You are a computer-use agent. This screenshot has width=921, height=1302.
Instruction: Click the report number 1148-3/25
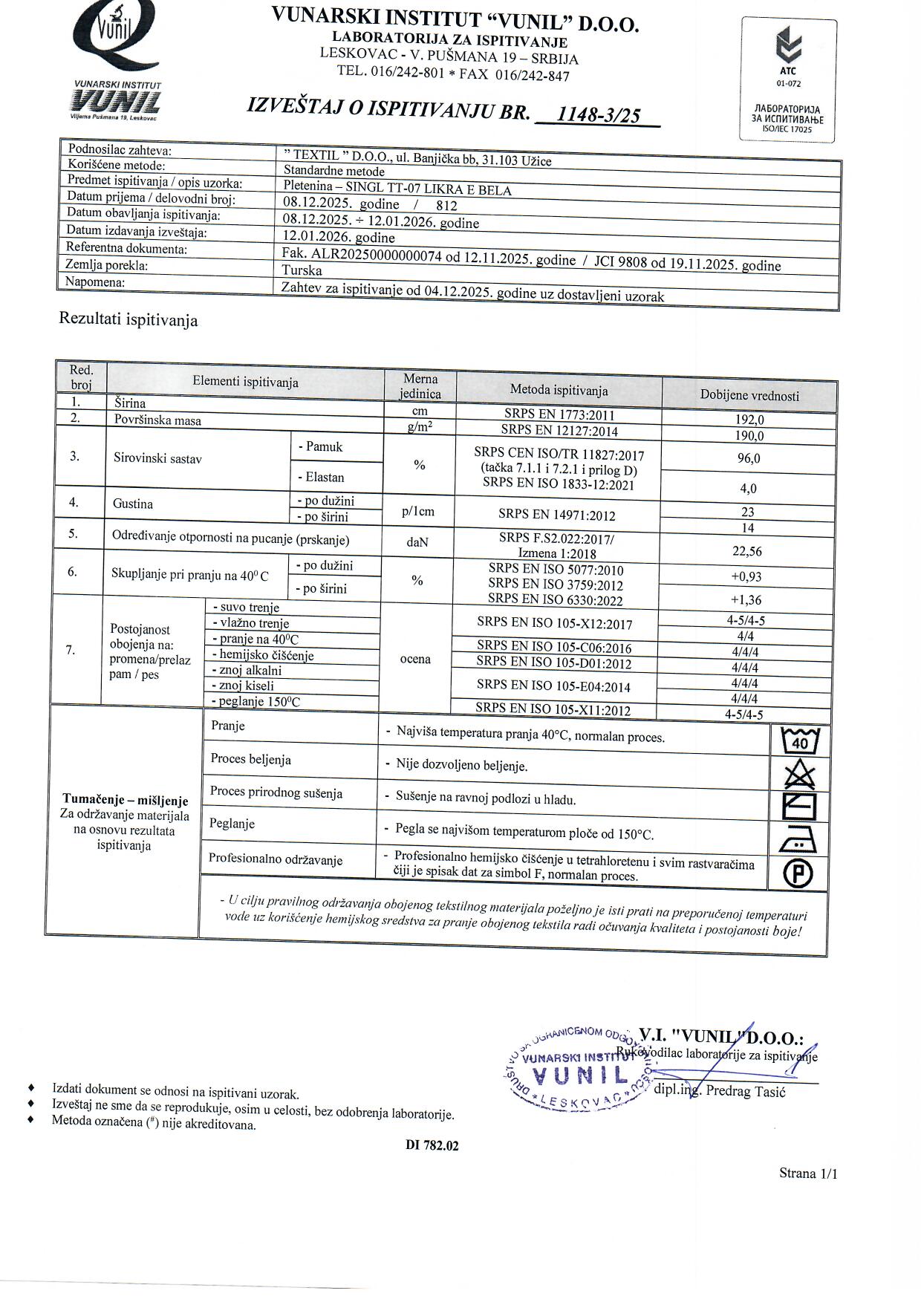coord(598,114)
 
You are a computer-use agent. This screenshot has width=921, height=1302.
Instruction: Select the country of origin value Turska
coord(302,270)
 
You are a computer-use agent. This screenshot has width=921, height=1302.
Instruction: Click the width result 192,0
coord(749,420)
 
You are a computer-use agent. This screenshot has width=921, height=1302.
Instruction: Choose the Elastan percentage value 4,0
coord(748,489)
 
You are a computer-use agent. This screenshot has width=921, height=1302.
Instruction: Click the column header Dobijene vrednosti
coord(749,395)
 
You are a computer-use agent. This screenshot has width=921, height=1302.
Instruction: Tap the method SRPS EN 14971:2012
coord(557,515)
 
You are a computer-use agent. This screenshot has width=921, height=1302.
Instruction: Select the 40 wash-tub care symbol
coord(800,740)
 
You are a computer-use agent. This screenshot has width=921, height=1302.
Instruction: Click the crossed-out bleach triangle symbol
coord(799,775)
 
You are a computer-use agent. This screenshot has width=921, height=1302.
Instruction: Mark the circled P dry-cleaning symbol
coord(798,873)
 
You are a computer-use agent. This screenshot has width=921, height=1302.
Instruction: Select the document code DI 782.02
coord(432,1145)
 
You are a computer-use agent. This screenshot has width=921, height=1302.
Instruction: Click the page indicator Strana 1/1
coord(807,1174)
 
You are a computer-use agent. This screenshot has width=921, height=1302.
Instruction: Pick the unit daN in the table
coord(417,542)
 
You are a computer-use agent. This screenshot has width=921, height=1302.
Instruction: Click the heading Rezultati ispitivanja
coord(128,321)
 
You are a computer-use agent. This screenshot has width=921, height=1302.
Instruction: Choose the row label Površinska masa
coord(157,420)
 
